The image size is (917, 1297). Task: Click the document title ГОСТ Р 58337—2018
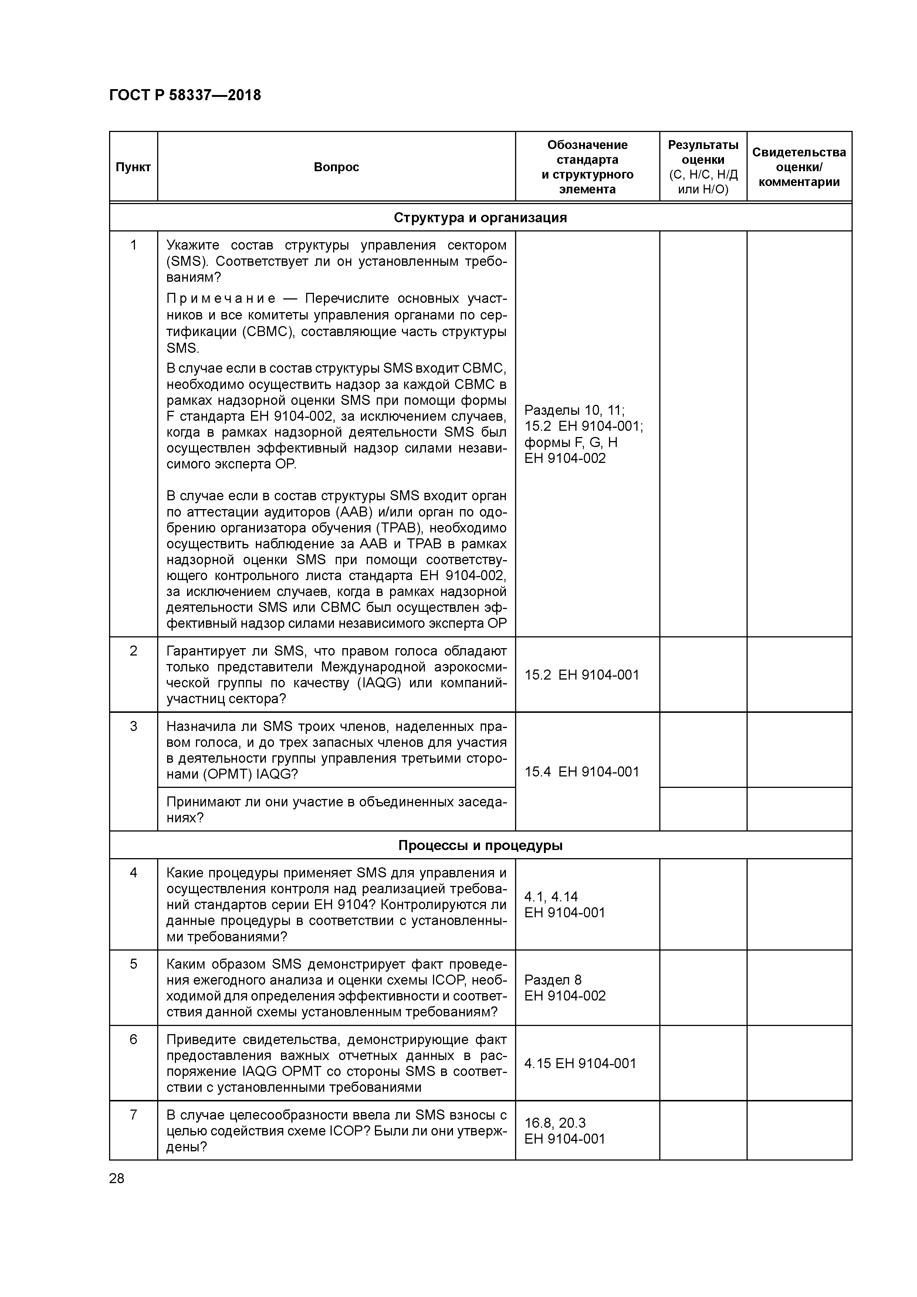[185, 95]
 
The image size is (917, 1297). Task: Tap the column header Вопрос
[336, 167]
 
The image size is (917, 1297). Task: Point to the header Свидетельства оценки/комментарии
[799, 167]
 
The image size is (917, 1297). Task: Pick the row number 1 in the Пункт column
[133, 245]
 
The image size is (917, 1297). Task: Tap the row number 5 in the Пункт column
[133, 964]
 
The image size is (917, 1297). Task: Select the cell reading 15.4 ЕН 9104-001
[581, 772]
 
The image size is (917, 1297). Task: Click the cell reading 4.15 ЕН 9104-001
[580, 1063]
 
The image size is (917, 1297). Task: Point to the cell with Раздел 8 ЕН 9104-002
[565, 988]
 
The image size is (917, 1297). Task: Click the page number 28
[116, 1178]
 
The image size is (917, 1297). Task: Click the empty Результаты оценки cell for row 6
[703, 1063]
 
